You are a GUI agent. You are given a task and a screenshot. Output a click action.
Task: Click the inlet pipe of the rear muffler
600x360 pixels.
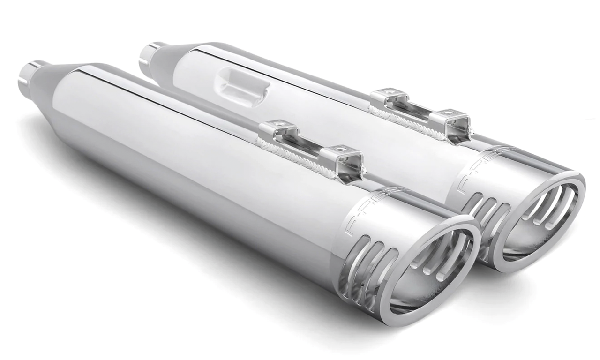click(x=149, y=55)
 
